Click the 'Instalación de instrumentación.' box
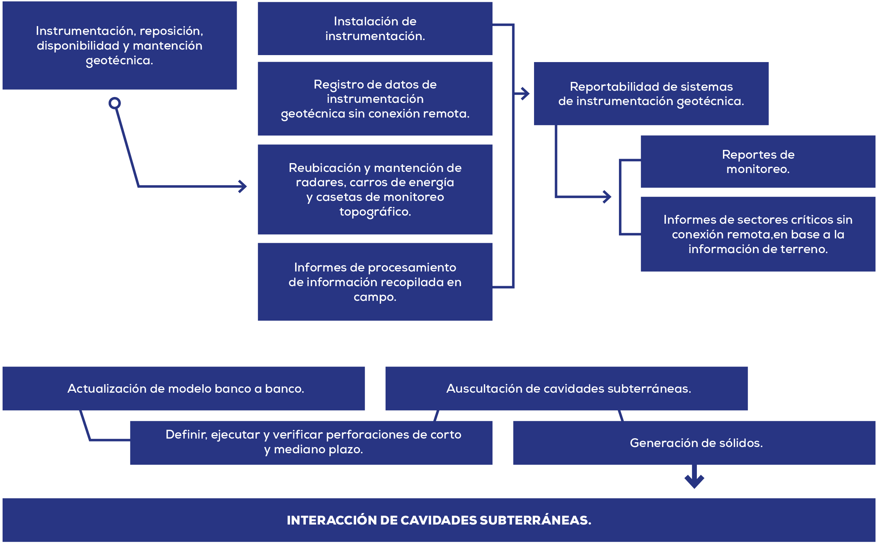click(x=375, y=29)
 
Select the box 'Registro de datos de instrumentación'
click(x=375, y=99)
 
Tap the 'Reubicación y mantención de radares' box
click(x=375, y=190)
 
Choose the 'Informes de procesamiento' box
click(x=375, y=282)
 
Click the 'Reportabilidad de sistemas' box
click(x=651, y=94)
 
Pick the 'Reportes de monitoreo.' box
click(x=758, y=162)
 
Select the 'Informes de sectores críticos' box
click(x=758, y=234)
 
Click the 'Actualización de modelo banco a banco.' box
click(x=184, y=388)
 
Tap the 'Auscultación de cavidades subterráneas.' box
click(x=566, y=388)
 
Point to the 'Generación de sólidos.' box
click(x=694, y=443)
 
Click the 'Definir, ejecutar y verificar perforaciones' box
click(x=311, y=443)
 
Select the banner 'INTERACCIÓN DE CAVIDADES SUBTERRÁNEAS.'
click(x=439, y=520)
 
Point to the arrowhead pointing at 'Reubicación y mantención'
click(x=243, y=186)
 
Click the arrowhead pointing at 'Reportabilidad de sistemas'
click(x=526, y=94)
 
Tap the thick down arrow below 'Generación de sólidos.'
click(x=694, y=477)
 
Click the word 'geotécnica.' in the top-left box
click(x=119, y=61)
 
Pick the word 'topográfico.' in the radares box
click(x=375, y=212)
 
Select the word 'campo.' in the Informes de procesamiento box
click(x=375, y=297)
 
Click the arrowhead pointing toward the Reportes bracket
click(x=607, y=197)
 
